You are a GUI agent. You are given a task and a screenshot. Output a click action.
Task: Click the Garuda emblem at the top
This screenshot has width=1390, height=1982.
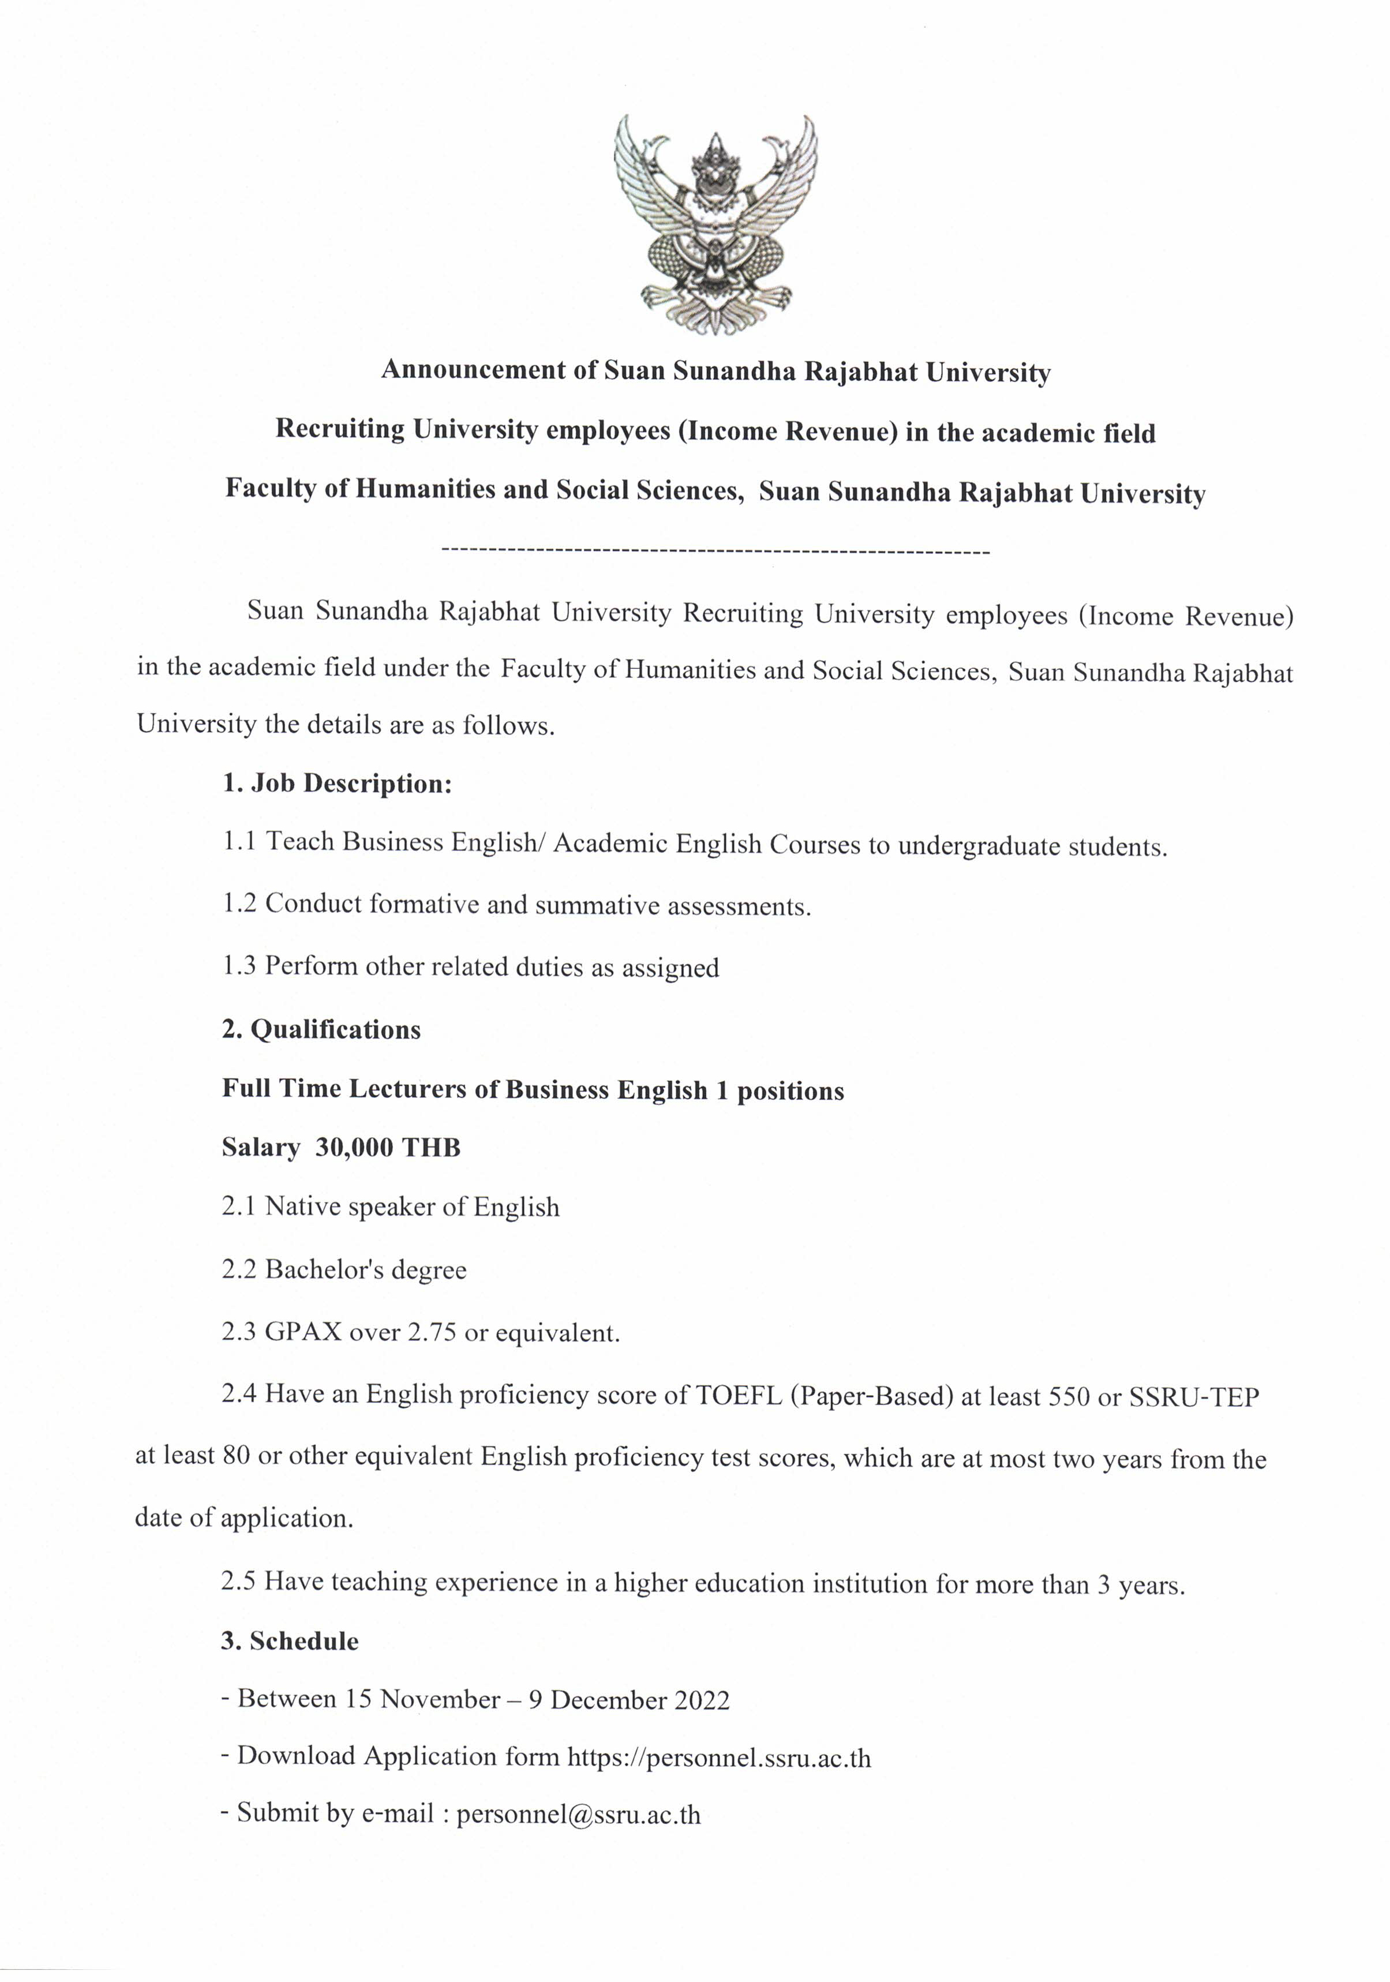point(715,224)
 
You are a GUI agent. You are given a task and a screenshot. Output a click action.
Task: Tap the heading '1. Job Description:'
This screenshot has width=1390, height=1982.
point(337,783)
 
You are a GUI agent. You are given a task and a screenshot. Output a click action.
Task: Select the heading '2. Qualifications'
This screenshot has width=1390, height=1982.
point(321,1029)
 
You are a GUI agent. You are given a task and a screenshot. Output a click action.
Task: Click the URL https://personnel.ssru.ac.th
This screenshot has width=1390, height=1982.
point(718,1758)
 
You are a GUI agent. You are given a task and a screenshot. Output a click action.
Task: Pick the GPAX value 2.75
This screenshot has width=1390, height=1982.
point(432,1333)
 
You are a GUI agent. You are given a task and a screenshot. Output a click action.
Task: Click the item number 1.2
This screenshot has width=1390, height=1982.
point(239,904)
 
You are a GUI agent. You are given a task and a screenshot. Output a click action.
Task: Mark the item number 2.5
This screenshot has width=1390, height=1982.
point(238,1582)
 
